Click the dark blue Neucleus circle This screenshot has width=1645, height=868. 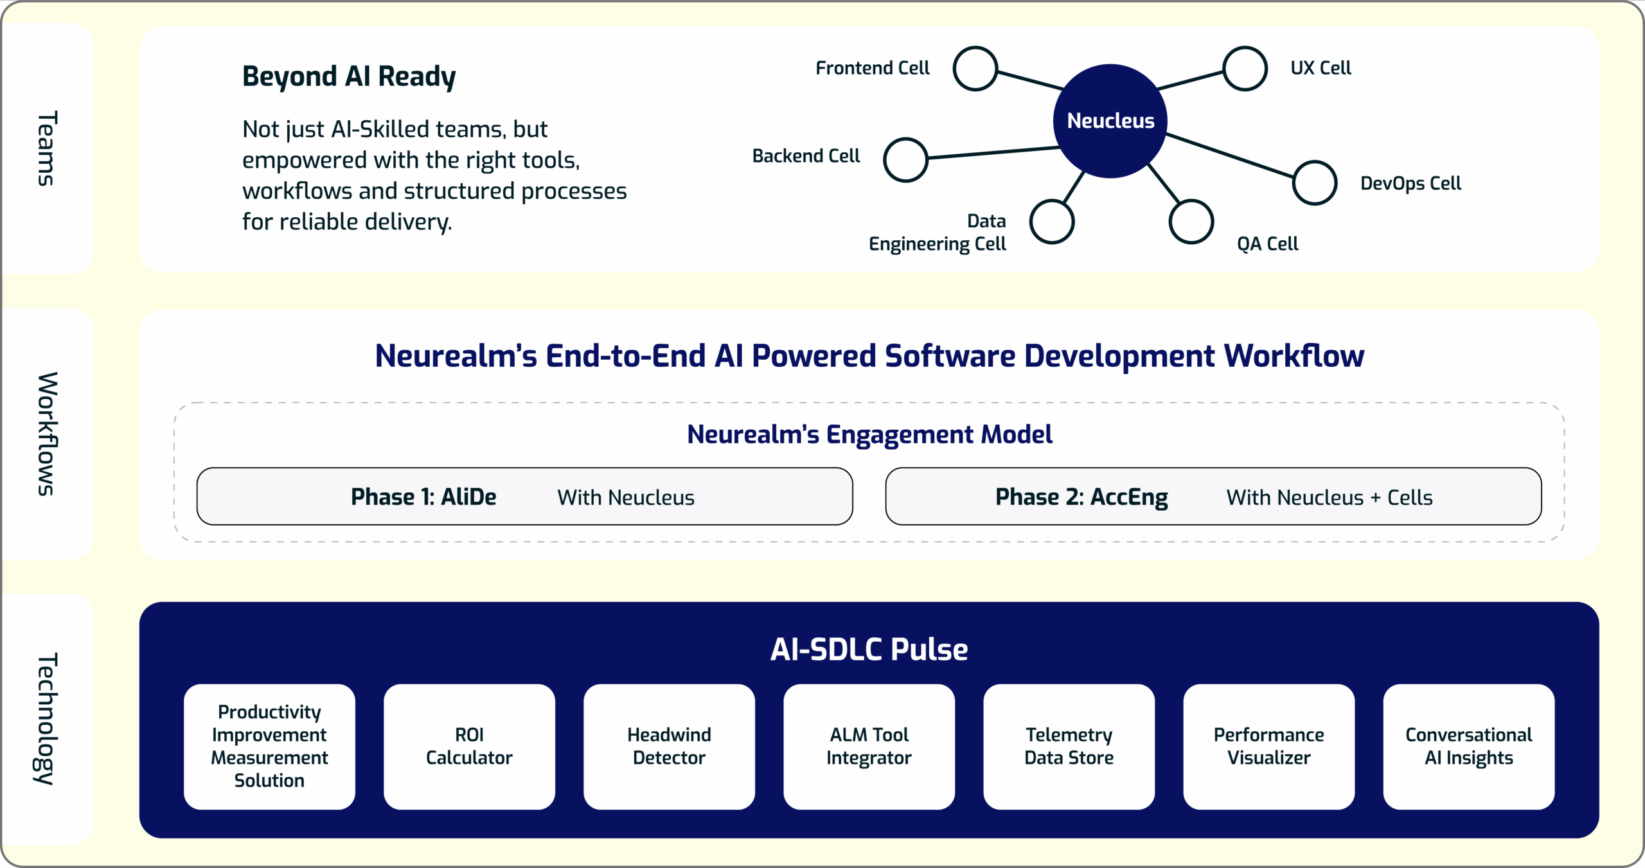pyautogui.click(x=1110, y=121)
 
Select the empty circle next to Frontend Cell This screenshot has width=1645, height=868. pyautogui.click(x=975, y=68)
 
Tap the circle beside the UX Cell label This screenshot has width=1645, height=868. pyautogui.click(x=1245, y=68)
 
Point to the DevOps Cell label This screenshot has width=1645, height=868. pyautogui.click(x=1410, y=183)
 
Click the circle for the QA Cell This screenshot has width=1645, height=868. pyautogui.click(x=1191, y=221)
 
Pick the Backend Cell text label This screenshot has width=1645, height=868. pyautogui.click(x=806, y=156)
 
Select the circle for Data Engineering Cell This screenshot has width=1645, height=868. pyautogui.click(x=1051, y=221)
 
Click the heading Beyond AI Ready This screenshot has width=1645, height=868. pyautogui.click(x=349, y=76)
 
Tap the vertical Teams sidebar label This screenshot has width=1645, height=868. pyautogui.click(x=46, y=148)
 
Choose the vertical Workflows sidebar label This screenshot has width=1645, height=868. pyautogui.click(x=46, y=434)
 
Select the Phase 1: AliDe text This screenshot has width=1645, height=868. pyautogui.click(x=423, y=497)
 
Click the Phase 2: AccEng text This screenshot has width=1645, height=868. pyautogui.click(x=1081, y=497)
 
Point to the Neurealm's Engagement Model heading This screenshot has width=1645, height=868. pyautogui.click(x=869, y=434)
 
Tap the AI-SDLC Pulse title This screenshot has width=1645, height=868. pyautogui.click(x=869, y=649)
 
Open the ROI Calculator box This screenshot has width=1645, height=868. pyautogui.click(x=469, y=746)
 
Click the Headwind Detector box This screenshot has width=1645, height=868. pyautogui.click(x=669, y=746)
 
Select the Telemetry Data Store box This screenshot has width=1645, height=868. pyautogui.click(x=1069, y=746)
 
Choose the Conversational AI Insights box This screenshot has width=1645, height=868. pyautogui.click(x=1468, y=746)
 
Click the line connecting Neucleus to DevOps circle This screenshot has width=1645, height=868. pyautogui.click(x=1229, y=155)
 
